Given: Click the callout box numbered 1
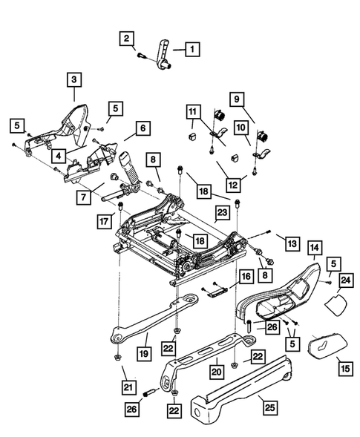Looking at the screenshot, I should pyautogui.click(x=192, y=50).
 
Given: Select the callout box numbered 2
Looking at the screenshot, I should pyautogui.click(x=128, y=38).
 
